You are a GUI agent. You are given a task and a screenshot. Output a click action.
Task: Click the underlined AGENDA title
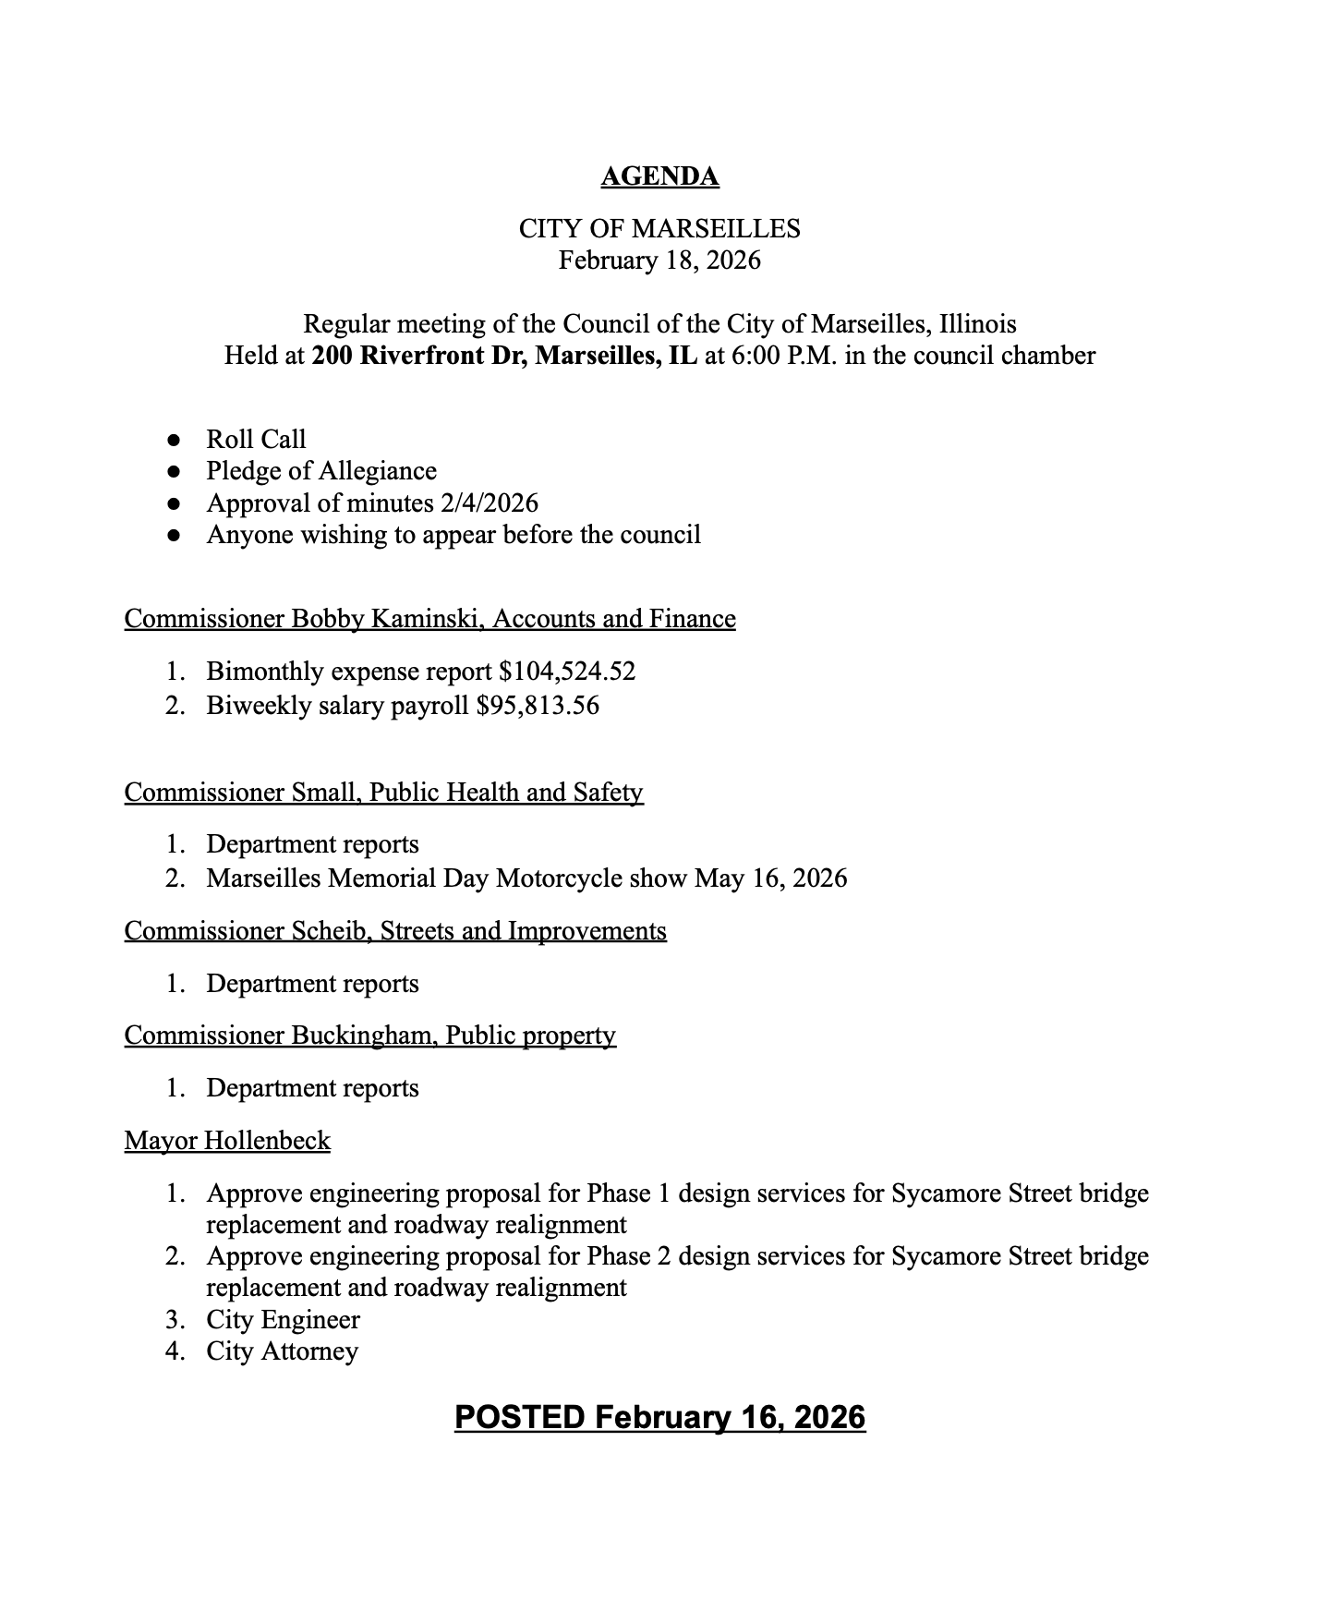659,176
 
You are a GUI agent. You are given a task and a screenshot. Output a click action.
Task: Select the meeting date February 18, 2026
659,260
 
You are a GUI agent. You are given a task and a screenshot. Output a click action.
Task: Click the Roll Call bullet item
256,439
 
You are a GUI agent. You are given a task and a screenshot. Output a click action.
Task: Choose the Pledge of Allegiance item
321,471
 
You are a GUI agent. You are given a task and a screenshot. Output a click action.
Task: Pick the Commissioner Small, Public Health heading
383,793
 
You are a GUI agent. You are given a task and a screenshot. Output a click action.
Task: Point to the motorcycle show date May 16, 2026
770,878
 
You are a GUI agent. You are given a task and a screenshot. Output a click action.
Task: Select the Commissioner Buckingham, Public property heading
369,1036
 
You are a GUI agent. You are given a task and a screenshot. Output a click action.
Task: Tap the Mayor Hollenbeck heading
227,1141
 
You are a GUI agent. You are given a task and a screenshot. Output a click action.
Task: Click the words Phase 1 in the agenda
628,1193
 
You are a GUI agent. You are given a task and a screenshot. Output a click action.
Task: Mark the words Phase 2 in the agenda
628,1256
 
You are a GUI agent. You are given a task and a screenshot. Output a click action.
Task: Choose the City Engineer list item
283,1319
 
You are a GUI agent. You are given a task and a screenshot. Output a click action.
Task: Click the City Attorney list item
282,1351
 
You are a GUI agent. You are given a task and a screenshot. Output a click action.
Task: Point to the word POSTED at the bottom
519,1417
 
